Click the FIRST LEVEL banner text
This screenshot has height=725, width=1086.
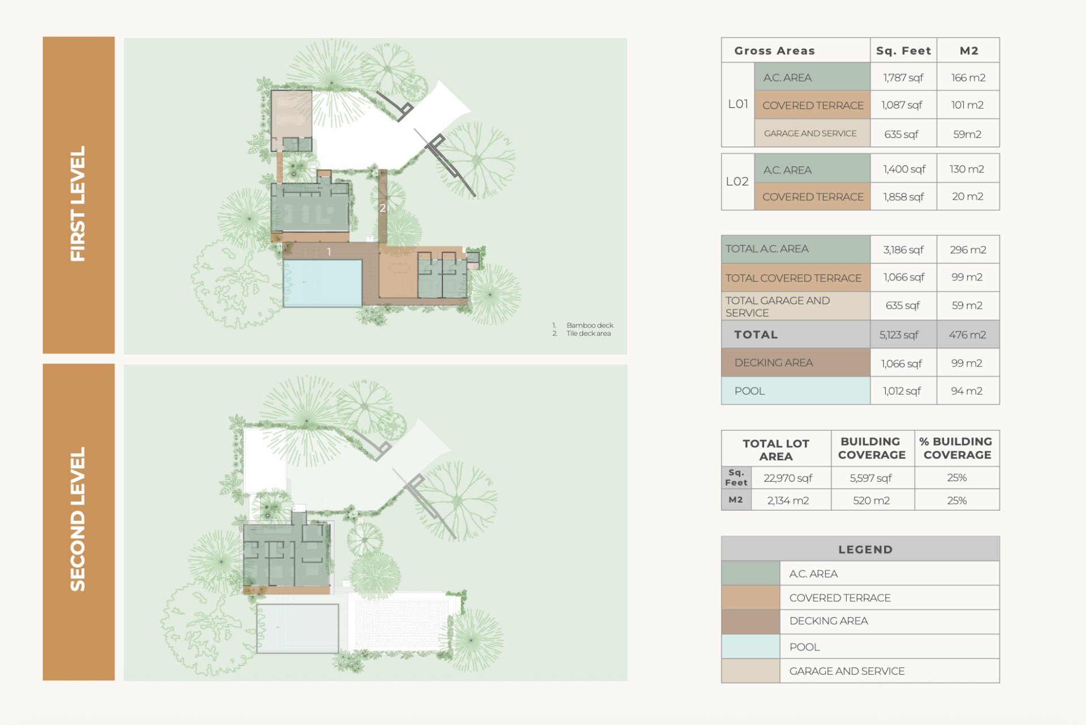(78, 204)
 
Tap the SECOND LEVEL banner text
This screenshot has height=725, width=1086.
(78, 519)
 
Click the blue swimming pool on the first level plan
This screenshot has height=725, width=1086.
(322, 283)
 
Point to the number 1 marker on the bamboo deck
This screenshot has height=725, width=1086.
(329, 252)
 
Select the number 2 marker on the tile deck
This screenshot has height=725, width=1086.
(383, 208)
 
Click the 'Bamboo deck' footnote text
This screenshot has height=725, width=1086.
(590, 325)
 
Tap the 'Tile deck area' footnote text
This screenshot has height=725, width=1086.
(589, 334)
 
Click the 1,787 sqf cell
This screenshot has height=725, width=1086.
(903, 77)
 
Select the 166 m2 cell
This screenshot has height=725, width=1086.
(968, 77)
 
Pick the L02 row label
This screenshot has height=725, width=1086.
(738, 182)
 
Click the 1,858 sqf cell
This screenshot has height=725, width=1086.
(903, 197)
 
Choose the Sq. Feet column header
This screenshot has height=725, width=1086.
(903, 51)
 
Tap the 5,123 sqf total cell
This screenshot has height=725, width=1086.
(899, 335)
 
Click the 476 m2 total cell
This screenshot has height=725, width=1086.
(968, 335)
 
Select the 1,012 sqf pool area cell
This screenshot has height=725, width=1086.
(902, 391)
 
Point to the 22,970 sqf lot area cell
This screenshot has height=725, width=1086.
(788, 478)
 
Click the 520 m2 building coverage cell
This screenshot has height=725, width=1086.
(872, 500)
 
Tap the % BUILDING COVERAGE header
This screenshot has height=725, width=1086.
(957, 448)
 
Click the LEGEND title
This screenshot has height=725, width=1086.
(865, 549)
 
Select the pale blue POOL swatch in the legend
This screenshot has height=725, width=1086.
(751, 646)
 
